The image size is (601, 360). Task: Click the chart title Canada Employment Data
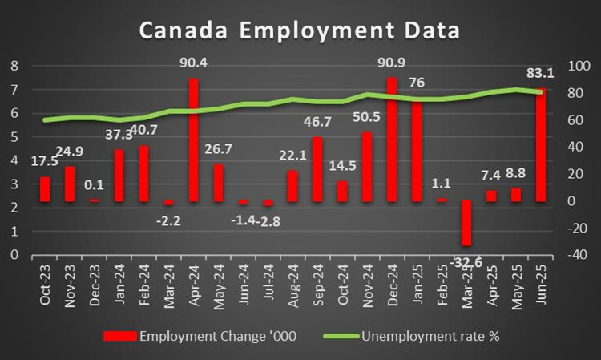pyautogui.click(x=300, y=30)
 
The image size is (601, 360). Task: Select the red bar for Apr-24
pyautogui.click(x=193, y=140)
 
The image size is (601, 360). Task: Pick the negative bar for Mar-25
pyautogui.click(x=466, y=223)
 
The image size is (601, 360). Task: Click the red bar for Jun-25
pyautogui.click(x=540, y=144)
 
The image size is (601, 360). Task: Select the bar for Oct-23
pyautogui.click(x=45, y=188)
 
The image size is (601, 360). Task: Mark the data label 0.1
pyautogui.click(x=95, y=185)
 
